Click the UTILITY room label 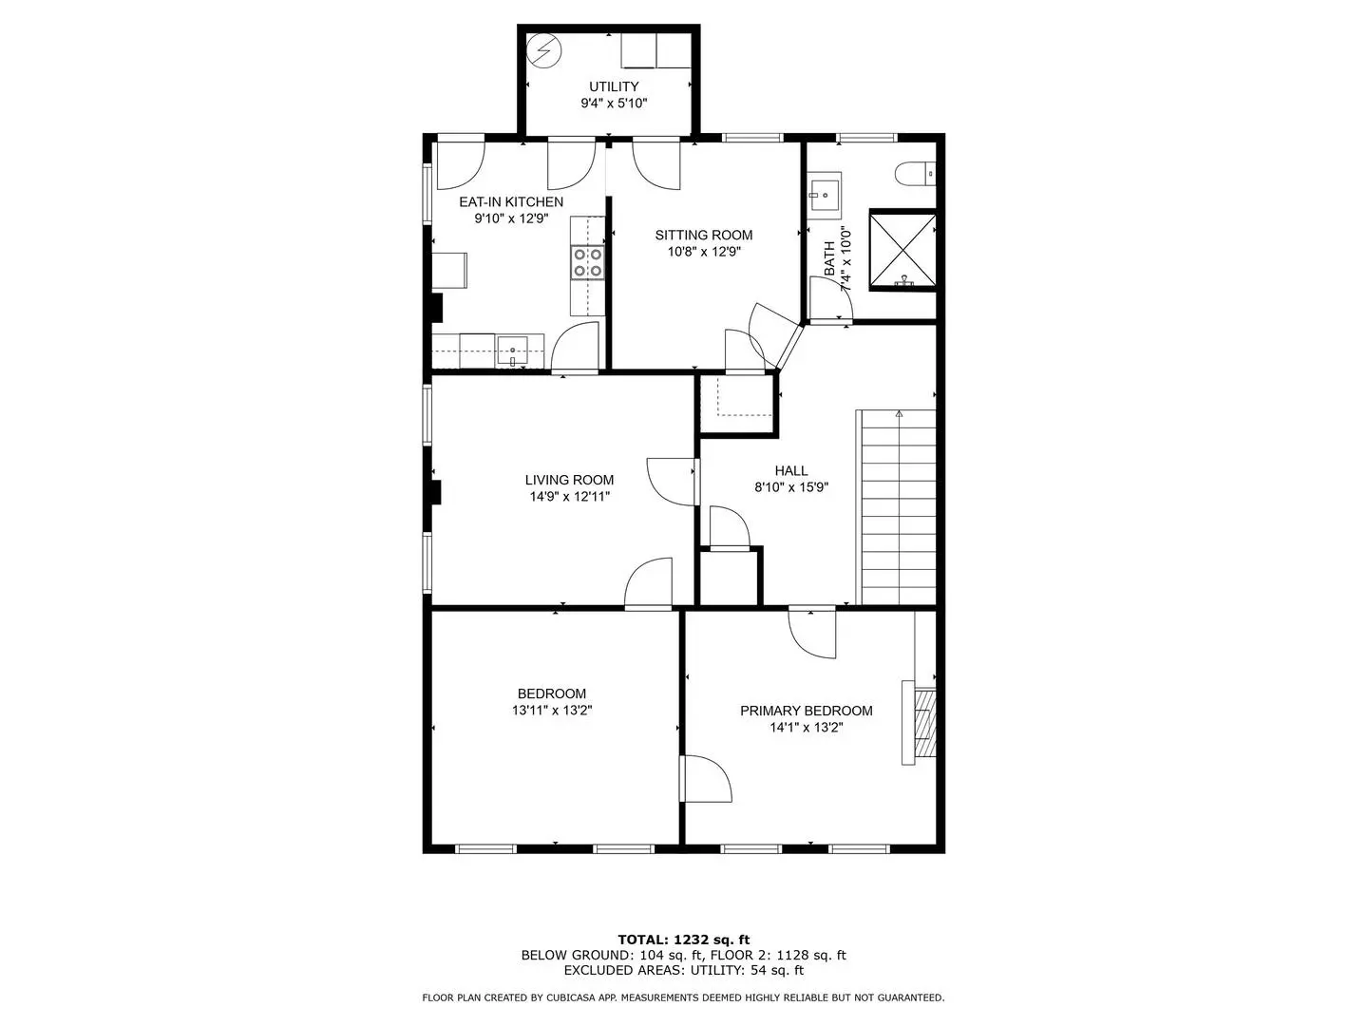(614, 86)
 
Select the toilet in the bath (914, 174)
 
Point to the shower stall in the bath (902, 251)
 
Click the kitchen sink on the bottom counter (512, 351)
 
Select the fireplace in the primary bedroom (920, 722)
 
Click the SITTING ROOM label (704, 235)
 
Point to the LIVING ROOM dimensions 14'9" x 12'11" (569, 497)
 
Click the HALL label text (791, 470)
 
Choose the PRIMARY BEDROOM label (806, 711)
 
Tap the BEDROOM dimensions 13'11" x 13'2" (552, 711)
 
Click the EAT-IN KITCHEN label (511, 201)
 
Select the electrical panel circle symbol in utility (544, 49)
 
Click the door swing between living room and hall (672, 482)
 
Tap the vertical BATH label (829, 257)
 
